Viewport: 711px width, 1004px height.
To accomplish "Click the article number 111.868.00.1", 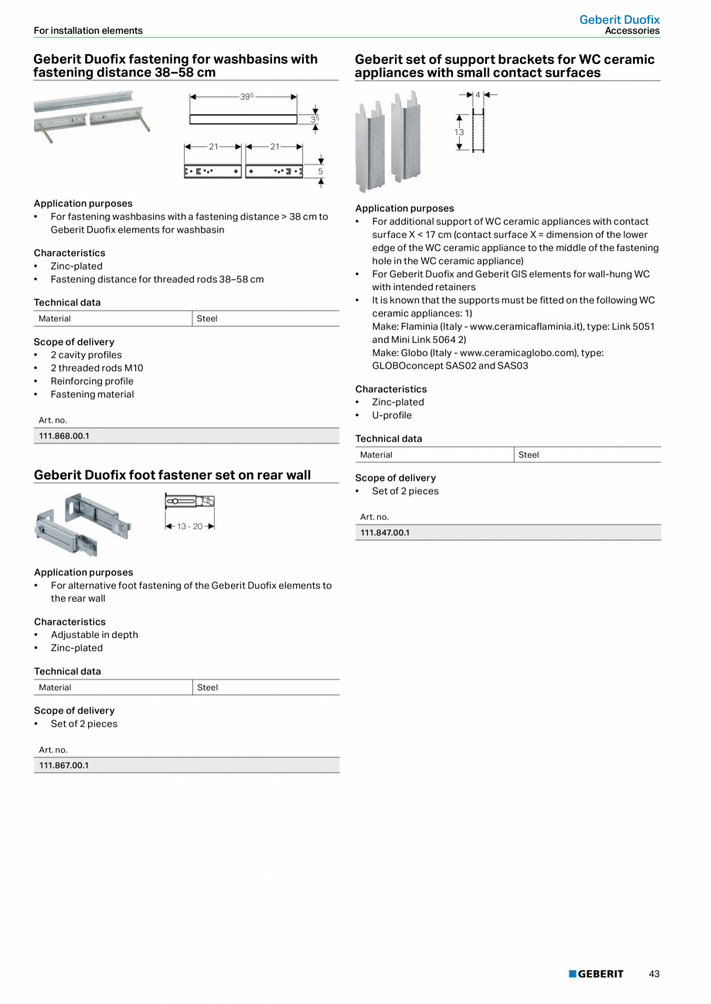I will point(64,436).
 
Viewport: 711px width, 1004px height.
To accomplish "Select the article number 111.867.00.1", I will point(64,765).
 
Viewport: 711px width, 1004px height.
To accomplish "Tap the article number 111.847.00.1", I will point(385,533).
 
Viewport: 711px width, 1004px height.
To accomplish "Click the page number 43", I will point(654,974).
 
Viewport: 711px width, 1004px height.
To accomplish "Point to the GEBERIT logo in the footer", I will point(596,974).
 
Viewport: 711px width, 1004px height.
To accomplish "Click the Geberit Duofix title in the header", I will point(619,19).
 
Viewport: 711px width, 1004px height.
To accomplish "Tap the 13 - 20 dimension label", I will point(189,526).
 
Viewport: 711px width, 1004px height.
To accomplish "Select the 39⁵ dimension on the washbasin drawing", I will point(246,97).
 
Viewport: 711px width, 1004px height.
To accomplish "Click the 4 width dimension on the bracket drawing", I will point(478,95).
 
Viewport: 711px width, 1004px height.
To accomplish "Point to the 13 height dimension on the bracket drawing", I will point(458,133).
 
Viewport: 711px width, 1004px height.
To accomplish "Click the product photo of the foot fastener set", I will point(83,524).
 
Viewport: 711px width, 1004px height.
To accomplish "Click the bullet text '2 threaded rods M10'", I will point(97,368).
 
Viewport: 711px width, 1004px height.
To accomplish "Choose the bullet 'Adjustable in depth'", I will point(94,635).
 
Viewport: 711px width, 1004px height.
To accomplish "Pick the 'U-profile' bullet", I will point(392,416).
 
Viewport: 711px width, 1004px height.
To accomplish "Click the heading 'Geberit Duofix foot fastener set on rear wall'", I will point(172,475).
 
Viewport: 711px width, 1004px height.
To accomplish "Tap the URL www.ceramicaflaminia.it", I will point(525,327).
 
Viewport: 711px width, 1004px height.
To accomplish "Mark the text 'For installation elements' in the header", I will point(88,31).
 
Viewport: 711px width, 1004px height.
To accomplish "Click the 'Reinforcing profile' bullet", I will point(92,382).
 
